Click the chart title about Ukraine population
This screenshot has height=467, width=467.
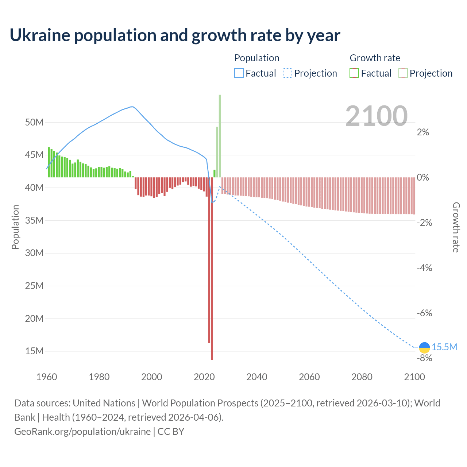coord(175,35)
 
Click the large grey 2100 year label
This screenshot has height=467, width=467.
coord(376,116)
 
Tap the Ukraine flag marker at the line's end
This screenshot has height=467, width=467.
coord(424,347)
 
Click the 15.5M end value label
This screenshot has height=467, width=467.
coord(444,347)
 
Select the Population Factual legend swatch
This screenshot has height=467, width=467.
coord(239,73)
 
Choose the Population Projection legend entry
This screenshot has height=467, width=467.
coord(310,73)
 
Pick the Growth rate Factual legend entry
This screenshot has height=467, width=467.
coord(371,73)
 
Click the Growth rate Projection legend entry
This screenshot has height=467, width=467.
coord(426,73)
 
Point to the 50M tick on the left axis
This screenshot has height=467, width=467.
coord(34,122)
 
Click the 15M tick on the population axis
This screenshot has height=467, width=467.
coord(34,351)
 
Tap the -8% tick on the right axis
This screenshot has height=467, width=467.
coord(424,358)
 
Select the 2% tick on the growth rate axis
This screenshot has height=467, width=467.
coord(423,132)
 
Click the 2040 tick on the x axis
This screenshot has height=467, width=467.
coord(257,377)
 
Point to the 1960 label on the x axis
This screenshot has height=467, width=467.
coord(47,377)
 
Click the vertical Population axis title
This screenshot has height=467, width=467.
coord(15,227)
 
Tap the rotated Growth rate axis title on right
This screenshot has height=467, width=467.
coord(456,227)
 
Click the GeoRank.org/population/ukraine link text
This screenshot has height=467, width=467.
coord(82,432)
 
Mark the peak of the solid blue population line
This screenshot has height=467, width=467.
coord(132,107)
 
